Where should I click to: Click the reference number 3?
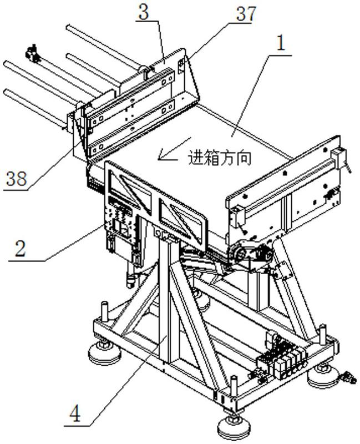[144, 13]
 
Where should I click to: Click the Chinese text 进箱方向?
[220, 158]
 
